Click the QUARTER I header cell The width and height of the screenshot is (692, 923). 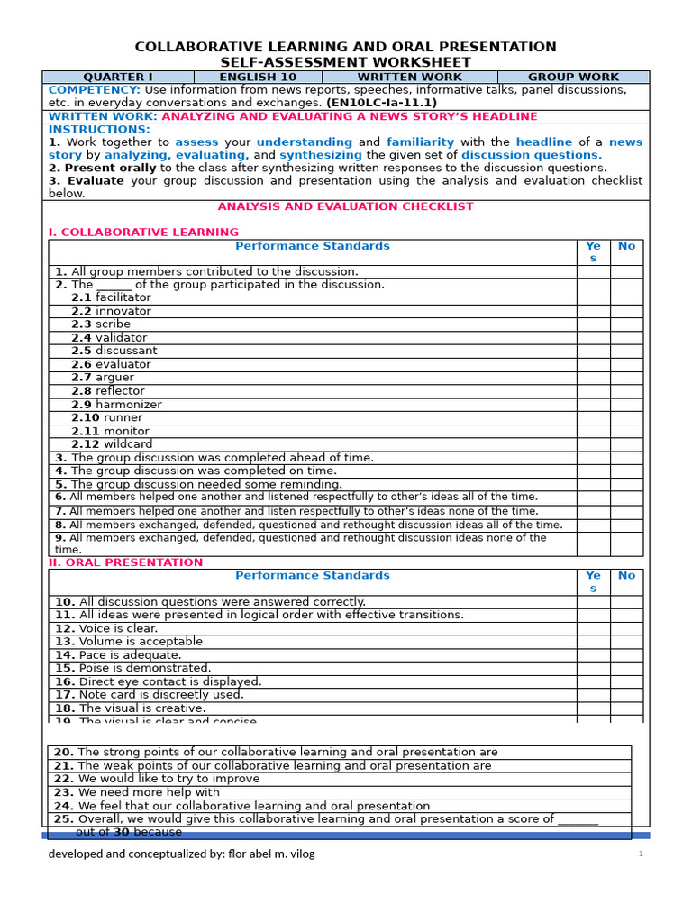(118, 78)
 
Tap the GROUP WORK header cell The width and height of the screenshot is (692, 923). (573, 78)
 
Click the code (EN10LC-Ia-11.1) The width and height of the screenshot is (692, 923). (381, 103)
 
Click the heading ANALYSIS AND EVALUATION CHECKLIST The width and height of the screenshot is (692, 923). (345, 206)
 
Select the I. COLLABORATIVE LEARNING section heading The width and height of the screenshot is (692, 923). (131, 233)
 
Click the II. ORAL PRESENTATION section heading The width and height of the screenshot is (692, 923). (125, 562)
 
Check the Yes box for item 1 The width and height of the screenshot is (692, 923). (593, 271)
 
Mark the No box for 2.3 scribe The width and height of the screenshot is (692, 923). (626, 324)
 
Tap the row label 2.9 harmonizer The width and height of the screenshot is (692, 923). (116, 405)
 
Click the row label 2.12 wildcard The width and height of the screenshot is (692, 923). (112, 444)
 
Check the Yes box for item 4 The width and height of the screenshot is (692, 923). (593, 471)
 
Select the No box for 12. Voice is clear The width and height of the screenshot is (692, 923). (626, 628)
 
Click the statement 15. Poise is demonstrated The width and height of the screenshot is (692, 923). (132, 668)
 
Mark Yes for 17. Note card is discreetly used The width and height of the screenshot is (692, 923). (593, 695)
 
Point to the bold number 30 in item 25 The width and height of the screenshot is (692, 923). (121, 832)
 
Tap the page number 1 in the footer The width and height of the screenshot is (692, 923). (641, 854)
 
